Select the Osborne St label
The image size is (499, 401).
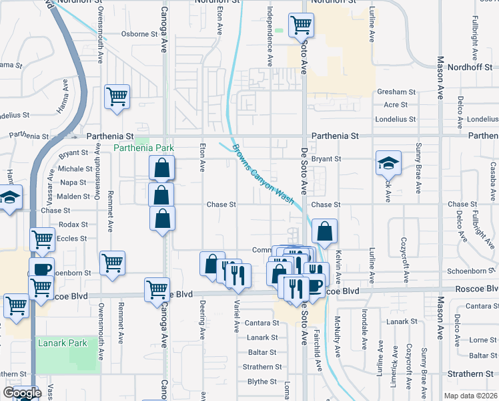pyautogui.click(x=138, y=35)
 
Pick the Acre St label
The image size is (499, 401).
pyautogui.click(x=396, y=105)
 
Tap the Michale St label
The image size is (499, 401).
pyautogui.click(x=75, y=169)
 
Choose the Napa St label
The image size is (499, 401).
pyautogui.click(x=73, y=182)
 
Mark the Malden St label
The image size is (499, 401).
pyautogui.click(x=73, y=196)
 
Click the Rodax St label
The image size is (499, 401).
pyautogui.click(x=73, y=224)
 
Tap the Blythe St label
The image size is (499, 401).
pyautogui.click(x=262, y=382)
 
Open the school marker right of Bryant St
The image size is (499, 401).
pyautogui.click(x=387, y=163)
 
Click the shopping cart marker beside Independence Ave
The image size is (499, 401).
pyautogui.click(x=302, y=25)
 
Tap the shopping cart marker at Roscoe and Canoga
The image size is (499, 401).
pyautogui.click(x=157, y=289)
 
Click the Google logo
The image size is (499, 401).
pyautogui.click(x=22, y=393)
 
